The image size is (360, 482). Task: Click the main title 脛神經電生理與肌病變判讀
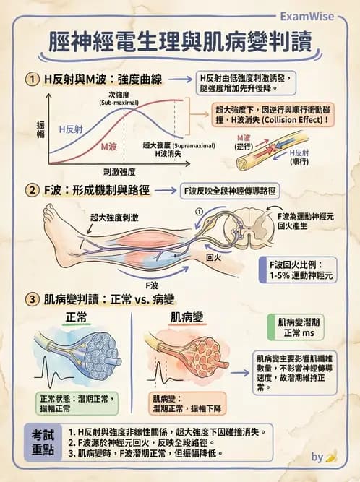tap(179, 41)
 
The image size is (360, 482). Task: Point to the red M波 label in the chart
tap(109, 146)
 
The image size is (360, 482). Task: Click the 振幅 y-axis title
tap(40, 130)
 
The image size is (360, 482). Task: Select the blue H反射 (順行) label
tap(299, 158)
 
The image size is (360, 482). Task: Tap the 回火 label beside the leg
tap(213, 257)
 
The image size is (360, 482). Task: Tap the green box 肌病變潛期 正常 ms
tap(296, 328)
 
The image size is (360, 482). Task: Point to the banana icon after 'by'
tap(331, 457)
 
